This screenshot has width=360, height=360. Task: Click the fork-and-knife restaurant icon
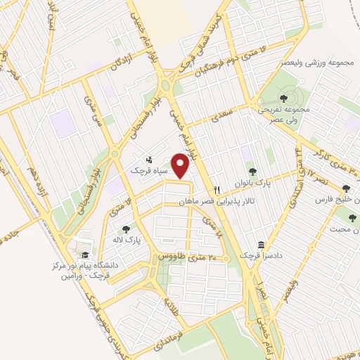click(x=217, y=190)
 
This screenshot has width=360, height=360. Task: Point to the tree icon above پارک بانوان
click(x=252, y=172)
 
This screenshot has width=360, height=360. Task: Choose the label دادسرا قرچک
click(x=262, y=257)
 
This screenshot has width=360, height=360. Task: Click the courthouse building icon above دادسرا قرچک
click(x=262, y=245)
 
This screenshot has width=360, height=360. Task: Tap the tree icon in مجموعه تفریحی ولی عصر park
click(x=283, y=98)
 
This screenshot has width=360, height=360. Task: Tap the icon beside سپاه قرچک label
click(x=148, y=159)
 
